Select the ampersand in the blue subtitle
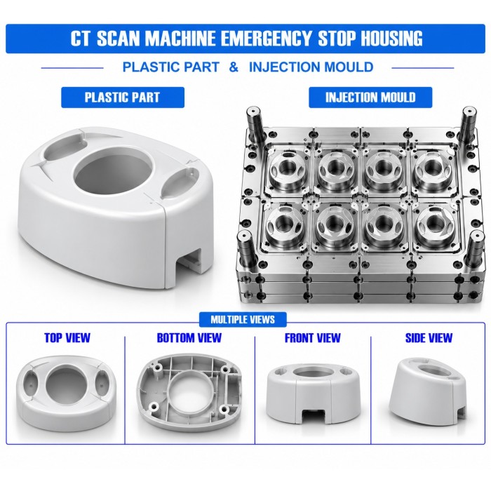[234, 67]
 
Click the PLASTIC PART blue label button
[123, 97]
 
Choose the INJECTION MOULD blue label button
[370, 97]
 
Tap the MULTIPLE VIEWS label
[243, 320]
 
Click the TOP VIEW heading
[67, 338]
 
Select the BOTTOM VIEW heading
[189, 338]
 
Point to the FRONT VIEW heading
[313, 338]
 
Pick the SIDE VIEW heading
[429, 338]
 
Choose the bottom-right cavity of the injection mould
[435, 224]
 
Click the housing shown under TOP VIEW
[67, 394]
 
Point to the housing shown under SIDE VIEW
[429, 391]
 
